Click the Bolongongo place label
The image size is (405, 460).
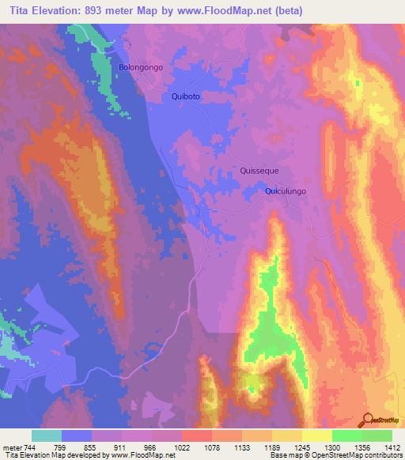(141, 68)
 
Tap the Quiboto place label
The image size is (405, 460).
(187, 96)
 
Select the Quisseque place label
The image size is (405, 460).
(259, 171)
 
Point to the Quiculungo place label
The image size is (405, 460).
(286, 191)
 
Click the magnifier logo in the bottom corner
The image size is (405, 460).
(369, 419)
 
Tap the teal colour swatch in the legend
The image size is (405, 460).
(47, 435)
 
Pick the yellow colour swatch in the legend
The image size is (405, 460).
(317, 435)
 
